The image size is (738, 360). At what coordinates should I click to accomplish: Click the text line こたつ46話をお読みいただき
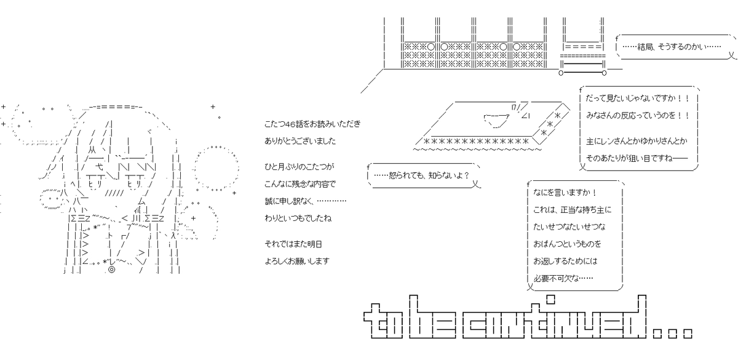(x=312, y=124)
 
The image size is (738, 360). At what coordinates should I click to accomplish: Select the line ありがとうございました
(x=300, y=141)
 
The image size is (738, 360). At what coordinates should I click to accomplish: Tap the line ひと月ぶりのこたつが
(x=299, y=167)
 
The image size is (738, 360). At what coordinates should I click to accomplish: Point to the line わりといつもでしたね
(x=298, y=218)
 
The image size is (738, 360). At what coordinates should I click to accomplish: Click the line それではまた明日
(x=293, y=244)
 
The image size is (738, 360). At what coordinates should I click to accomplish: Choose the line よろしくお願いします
(x=297, y=261)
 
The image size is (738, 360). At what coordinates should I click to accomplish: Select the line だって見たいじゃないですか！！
(x=638, y=98)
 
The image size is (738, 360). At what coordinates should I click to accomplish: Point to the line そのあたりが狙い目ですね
(x=637, y=158)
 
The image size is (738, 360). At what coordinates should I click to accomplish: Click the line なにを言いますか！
(x=565, y=193)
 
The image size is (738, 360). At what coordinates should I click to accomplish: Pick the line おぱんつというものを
(x=567, y=244)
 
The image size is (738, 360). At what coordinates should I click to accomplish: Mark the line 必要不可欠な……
(x=563, y=278)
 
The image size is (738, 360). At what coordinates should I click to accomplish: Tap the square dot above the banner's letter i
(x=550, y=300)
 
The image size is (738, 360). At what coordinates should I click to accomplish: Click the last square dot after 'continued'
(x=688, y=334)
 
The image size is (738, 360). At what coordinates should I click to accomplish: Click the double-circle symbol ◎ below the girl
(x=112, y=270)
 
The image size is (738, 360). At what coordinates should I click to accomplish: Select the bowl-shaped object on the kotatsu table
(x=496, y=121)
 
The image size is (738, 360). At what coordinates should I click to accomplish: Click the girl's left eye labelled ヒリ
(x=95, y=184)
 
